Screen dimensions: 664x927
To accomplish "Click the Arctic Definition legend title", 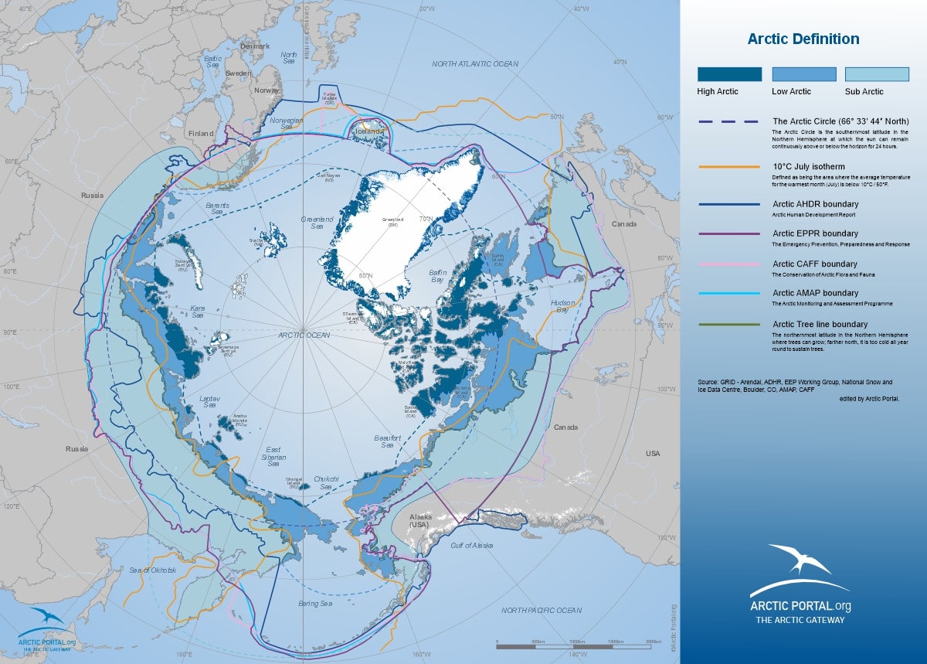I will pos(803,39).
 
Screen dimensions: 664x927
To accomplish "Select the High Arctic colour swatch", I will pos(729,74).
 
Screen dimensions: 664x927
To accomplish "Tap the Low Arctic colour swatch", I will pos(803,74).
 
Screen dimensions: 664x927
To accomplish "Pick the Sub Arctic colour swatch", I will pos(877,74).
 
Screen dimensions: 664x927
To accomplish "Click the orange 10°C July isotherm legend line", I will pos(729,167).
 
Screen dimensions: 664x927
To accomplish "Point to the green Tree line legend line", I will pos(729,325).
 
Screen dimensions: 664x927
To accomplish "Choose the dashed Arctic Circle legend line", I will pos(729,122).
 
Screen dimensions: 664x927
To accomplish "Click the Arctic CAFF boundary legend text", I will pos(815,264).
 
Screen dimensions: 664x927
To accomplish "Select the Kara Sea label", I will pos(198,311).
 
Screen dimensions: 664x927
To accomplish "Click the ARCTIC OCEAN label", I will pos(304,335).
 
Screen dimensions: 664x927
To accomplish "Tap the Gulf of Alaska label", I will pos(471,546).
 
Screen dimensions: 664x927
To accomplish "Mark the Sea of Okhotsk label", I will pos(153,570).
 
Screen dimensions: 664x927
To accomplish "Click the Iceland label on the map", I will pos(368,131).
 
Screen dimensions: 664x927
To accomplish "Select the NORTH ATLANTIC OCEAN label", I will pos(475,64).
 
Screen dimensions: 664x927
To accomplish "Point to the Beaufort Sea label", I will pos(387,441).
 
